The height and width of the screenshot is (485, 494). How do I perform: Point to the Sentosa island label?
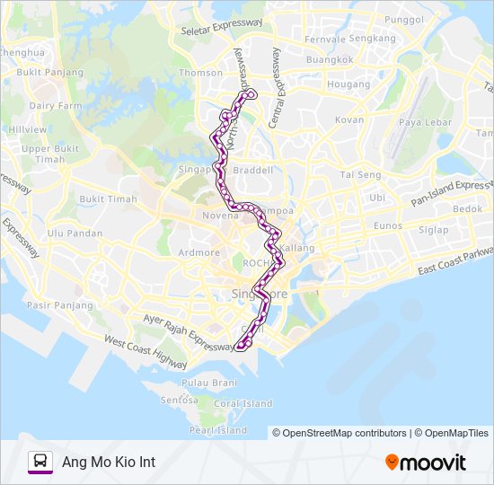(x=178, y=399)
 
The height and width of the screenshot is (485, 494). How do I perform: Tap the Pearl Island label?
(x=220, y=430)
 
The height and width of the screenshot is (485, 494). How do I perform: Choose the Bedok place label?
(x=467, y=208)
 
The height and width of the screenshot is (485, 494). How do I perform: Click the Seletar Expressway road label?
(x=221, y=28)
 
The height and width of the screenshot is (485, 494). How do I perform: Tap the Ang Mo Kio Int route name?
(x=109, y=462)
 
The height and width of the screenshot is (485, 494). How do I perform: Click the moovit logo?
(x=426, y=463)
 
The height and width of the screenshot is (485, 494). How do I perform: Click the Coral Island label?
(x=243, y=403)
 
